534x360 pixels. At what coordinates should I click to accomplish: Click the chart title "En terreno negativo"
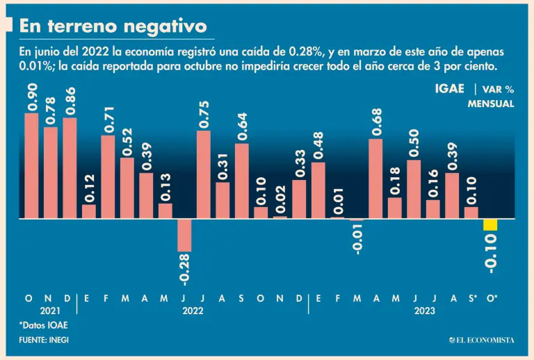[113, 26]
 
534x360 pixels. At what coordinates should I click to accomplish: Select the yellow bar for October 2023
[490, 224]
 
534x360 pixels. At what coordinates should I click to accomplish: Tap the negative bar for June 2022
[184, 235]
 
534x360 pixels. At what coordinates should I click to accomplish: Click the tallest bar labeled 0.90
[31, 165]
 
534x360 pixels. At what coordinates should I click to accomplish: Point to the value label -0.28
[185, 269]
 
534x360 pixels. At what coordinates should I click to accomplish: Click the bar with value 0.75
[203, 174]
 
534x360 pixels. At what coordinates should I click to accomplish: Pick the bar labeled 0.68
[375, 179]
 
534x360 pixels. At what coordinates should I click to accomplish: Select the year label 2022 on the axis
[193, 311]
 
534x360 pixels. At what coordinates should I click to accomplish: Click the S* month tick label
[472, 297]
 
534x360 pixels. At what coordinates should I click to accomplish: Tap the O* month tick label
[492, 297]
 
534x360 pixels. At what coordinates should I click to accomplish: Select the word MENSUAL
[491, 104]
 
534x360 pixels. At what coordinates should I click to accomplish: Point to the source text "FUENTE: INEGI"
[44, 339]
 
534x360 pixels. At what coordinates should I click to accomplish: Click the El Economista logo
[481, 339]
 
